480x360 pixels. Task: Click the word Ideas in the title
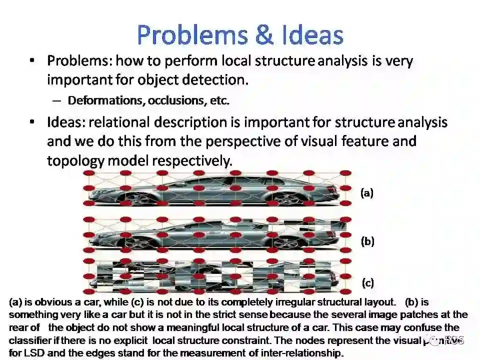[313, 35]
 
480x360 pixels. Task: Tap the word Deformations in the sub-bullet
[106, 100]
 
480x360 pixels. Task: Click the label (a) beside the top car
[367, 193]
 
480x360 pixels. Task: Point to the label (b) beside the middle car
[367, 241]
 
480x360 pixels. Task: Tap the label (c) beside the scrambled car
[367, 283]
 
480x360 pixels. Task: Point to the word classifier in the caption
[30, 341]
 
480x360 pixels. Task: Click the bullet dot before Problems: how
[32, 61]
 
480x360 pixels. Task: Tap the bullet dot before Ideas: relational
[32, 122]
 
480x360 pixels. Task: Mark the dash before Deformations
[57, 100]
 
